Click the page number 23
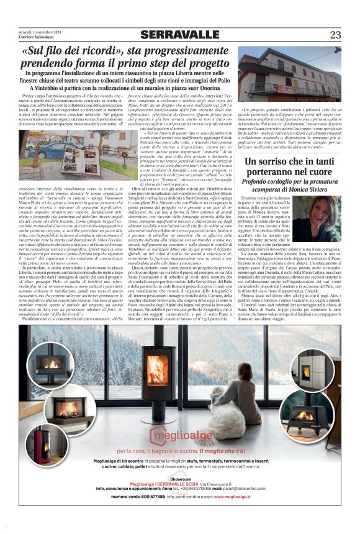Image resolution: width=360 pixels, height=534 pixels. [x=335, y=35]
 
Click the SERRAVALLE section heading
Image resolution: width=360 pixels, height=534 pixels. [x=179, y=35]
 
